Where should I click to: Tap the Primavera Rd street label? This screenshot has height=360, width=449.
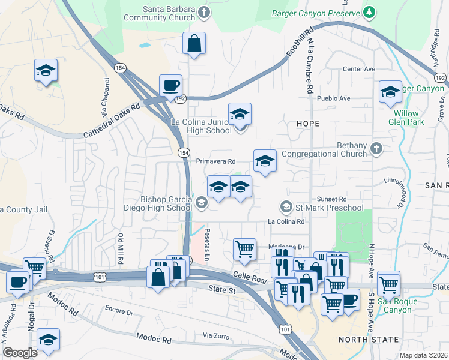pyautogui.click(x=215, y=161)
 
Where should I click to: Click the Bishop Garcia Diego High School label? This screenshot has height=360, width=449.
pyautogui.click(x=166, y=203)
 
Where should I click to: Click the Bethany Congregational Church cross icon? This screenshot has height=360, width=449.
pyautogui.click(x=376, y=148)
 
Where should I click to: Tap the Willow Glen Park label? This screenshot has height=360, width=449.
pyautogui.click(x=408, y=117)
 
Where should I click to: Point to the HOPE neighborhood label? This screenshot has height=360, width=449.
pyautogui.click(x=307, y=123)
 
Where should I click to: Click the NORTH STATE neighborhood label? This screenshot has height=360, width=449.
pyautogui.click(x=369, y=340)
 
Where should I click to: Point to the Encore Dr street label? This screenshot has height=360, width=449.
pyautogui.click(x=118, y=313)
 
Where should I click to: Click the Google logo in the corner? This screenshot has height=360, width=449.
pyautogui.click(x=20, y=353)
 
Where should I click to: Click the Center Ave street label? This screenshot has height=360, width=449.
pyautogui.click(x=354, y=69)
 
